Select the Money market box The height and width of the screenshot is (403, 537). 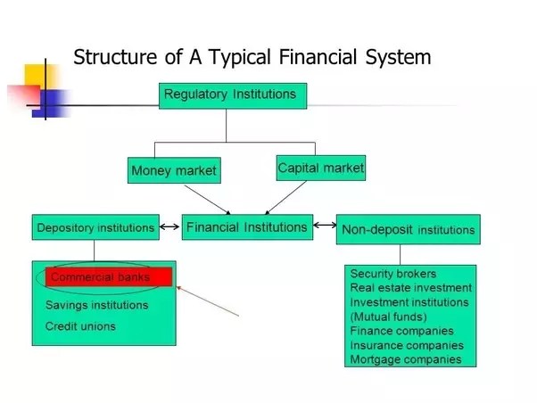coord(173,169)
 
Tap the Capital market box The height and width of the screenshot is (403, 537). coord(321,167)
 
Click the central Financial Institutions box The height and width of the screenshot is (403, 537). coord(247,227)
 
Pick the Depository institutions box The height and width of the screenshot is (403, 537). coord(95,228)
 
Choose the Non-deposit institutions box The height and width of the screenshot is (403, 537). coord(408,229)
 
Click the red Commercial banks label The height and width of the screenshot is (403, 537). coord(108,277)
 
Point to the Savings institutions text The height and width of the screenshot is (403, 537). coord(96,305)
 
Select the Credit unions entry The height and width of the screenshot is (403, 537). coord(80,326)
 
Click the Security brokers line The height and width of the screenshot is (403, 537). coord(392,274)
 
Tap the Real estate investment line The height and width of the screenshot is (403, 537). coord(410,288)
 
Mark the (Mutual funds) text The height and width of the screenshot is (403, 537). coord(389,317)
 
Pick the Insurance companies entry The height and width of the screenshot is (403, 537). coord(407,345)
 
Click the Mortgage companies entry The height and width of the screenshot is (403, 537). coord(406,359)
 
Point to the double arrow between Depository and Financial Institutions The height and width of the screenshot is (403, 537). coord(169,228)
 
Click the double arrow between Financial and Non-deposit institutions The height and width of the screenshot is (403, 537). coord(325,228)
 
